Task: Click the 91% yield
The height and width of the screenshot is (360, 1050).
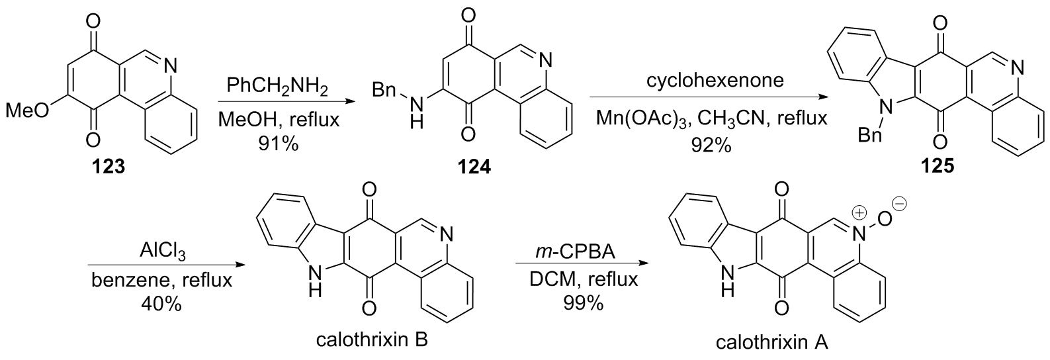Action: point(276,143)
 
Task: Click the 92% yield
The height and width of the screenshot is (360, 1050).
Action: point(708,144)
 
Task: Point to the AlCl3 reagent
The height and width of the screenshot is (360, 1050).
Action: point(161,253)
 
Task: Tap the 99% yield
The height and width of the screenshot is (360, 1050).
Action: point(582,304)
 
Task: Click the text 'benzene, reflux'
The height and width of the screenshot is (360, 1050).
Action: point(161,280)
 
